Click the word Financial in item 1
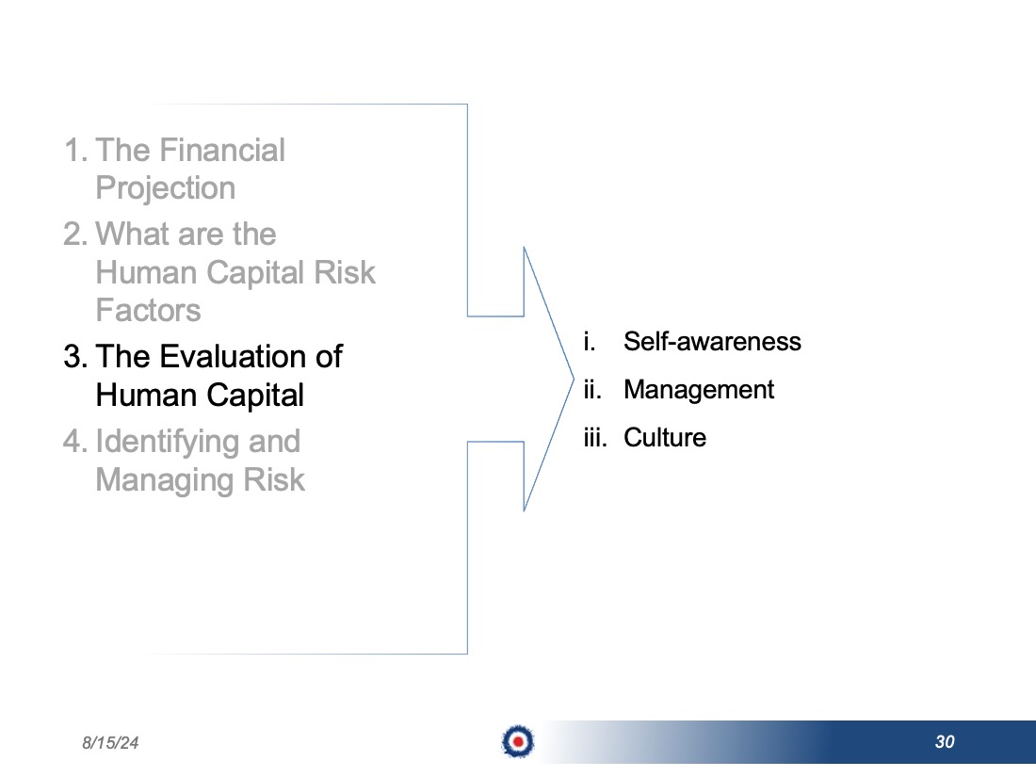[221, 150]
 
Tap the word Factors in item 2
[148, 310]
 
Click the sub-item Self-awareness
[712, 342]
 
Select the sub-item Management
[699, 391]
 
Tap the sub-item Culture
[665, 437]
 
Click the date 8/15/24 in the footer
[110, 743]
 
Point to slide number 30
[945, 742]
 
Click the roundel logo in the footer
[518, 741]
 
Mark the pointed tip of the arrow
[574, 380]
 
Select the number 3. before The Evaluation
[75, 357]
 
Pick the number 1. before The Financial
[76, 150]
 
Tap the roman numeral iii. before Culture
[595, 437]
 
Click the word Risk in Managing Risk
[274, 479]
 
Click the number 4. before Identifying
[75, 442]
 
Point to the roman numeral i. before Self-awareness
[590, 342]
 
